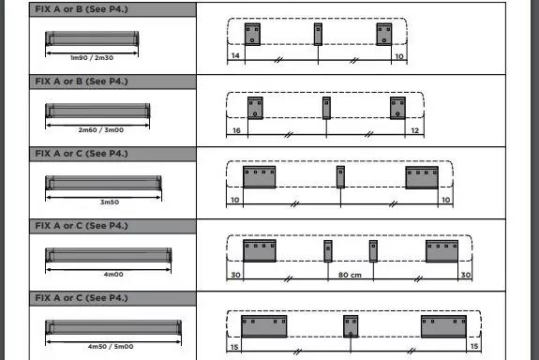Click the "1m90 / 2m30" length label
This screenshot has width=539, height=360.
[92, 58]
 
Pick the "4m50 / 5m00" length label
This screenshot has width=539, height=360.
[110, 347]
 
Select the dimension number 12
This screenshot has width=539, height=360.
[413, 129]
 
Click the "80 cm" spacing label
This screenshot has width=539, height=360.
[350, 275]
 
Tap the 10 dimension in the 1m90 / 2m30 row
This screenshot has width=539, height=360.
[398, 57]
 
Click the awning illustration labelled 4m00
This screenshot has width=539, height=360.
[109, 255]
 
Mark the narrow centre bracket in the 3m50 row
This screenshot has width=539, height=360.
[340, 176]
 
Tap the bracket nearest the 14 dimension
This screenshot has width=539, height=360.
[252, 35]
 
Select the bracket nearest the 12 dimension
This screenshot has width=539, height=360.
[398, 107]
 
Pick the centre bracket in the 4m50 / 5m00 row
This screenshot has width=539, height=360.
[351, 326]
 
